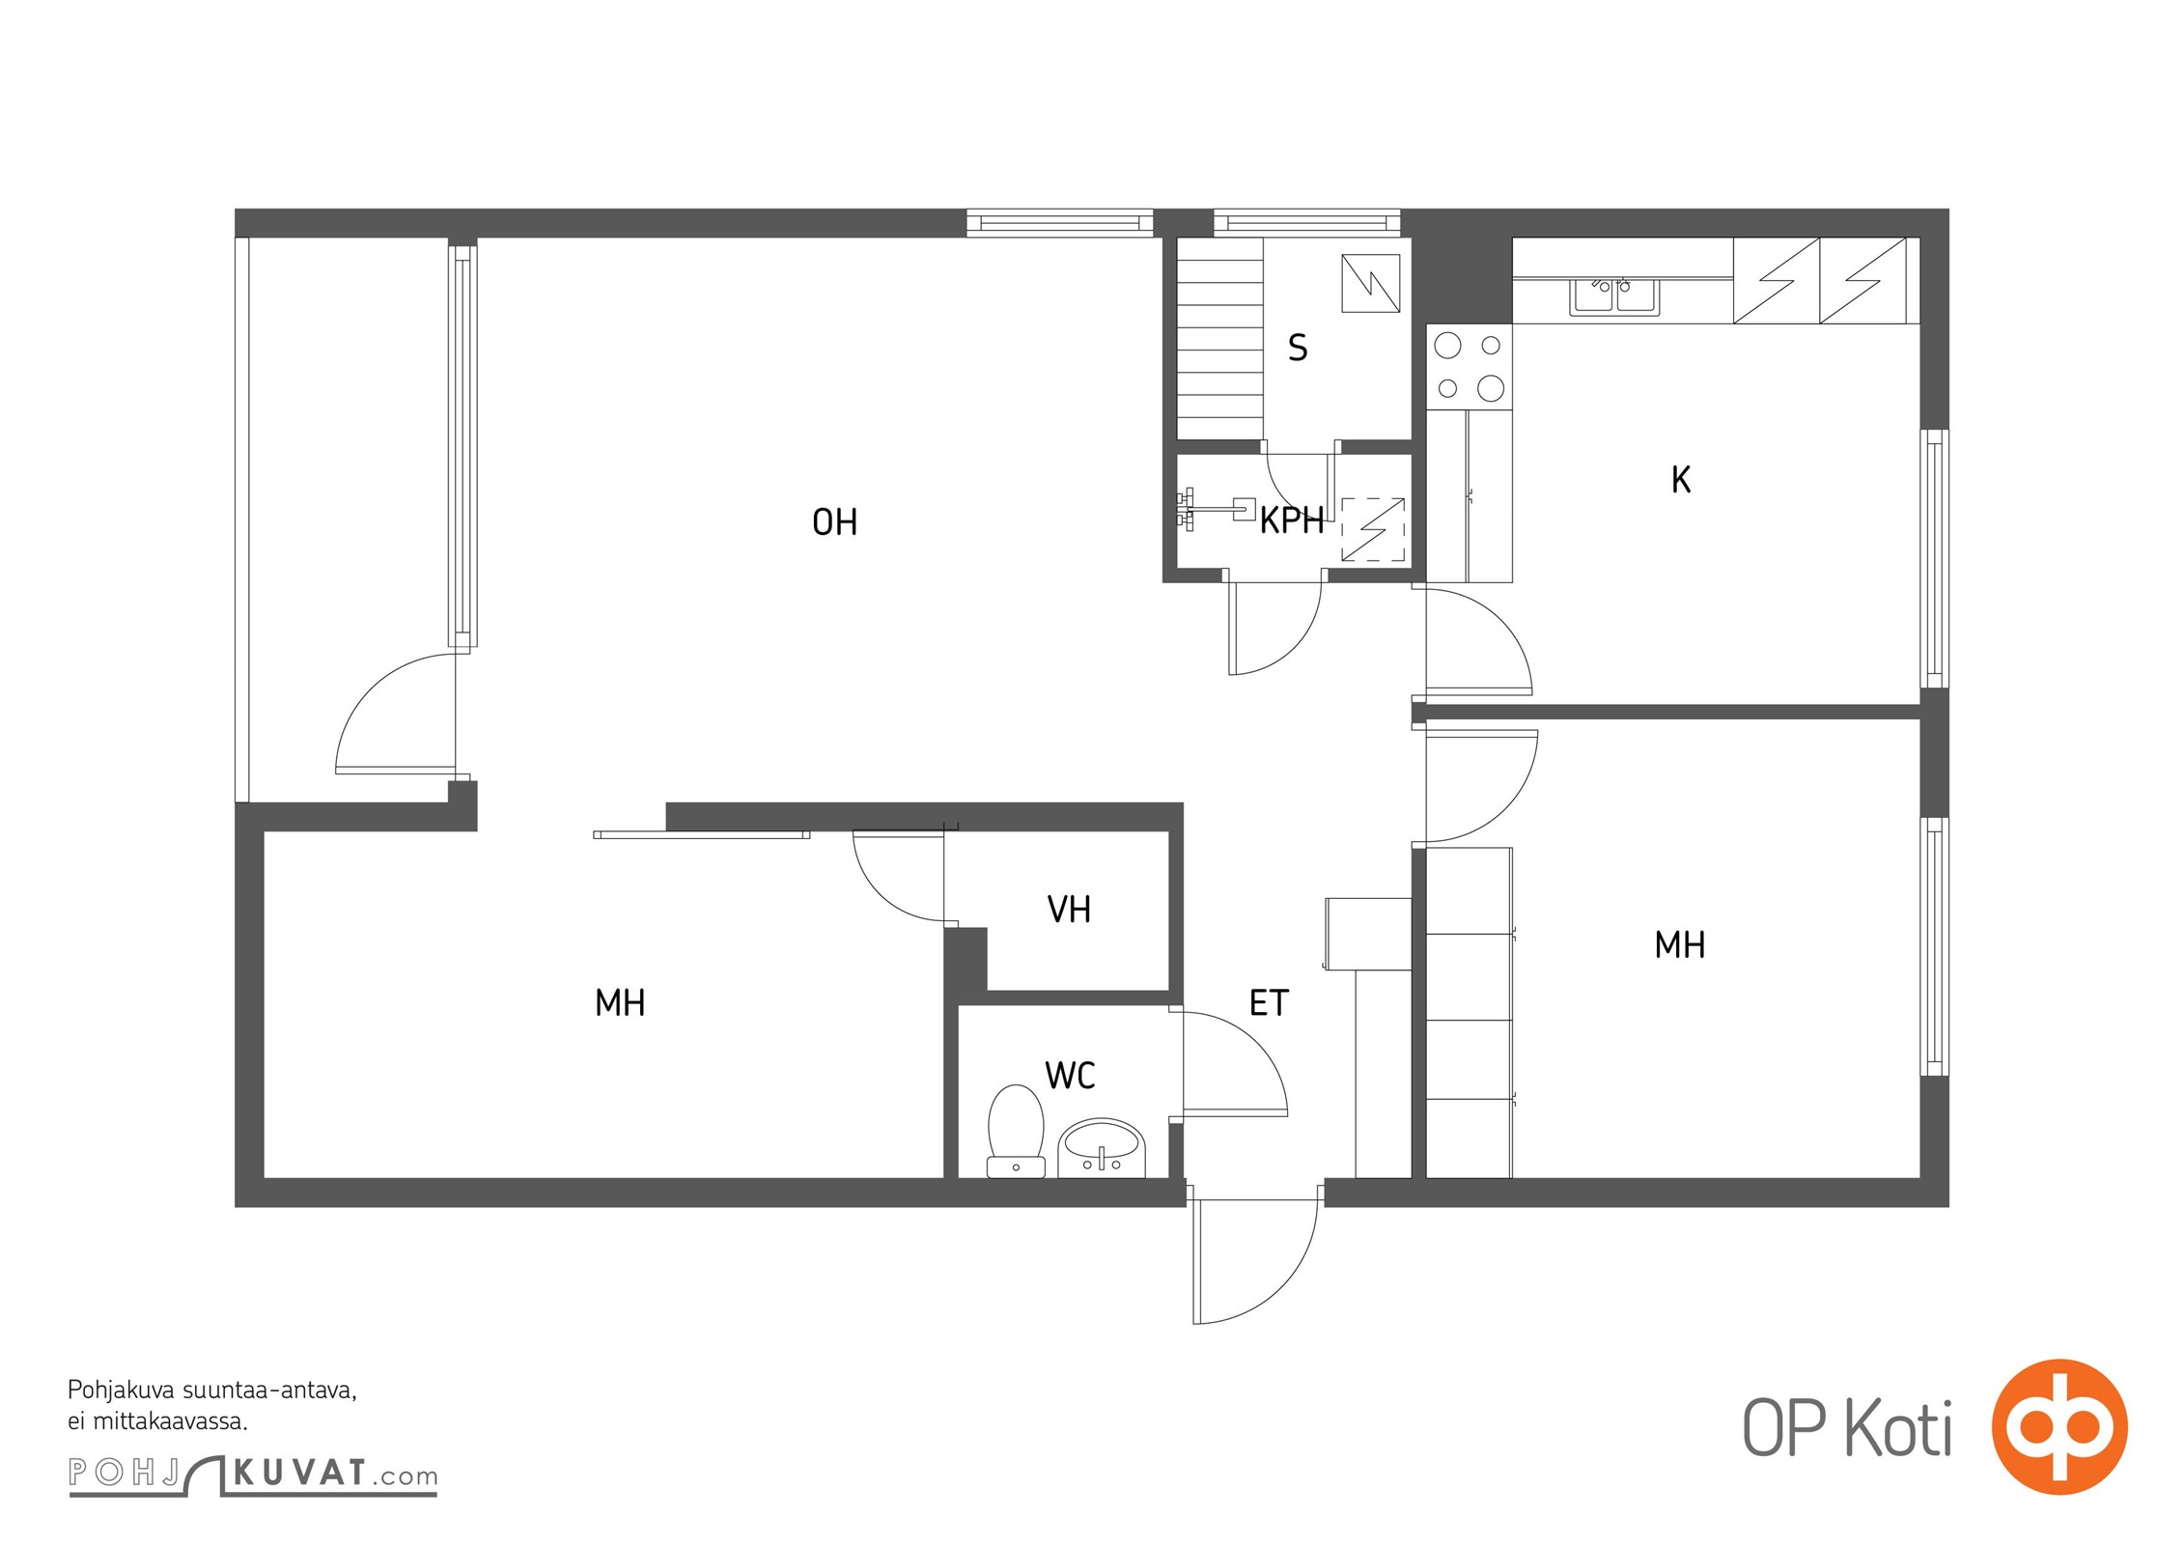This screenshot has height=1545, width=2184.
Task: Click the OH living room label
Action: (834, 522)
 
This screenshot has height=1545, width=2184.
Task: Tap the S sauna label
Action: (1298, 348)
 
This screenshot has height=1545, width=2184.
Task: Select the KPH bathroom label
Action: (1292, 520)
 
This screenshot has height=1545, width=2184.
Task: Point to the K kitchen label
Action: (1681, 480)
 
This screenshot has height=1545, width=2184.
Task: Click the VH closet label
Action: (1069, 910)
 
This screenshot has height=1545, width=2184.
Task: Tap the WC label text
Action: (1070, 1076)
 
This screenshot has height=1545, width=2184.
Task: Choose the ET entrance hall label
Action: (1269, 1003)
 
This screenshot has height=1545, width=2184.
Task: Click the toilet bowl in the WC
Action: (1016, 1131)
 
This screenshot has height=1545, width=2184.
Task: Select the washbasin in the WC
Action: (1102, 1148)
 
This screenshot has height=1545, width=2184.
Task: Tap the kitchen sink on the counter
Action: (1613, 296)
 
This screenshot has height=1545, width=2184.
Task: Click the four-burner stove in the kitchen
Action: (1469, 367)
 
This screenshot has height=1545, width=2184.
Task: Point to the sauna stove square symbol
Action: (1371, 284)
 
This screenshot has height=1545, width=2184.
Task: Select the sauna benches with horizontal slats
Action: (1220, 339)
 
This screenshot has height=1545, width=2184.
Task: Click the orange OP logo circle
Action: (2059, 1427)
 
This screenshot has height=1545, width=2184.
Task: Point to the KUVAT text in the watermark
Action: (300, 1473)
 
